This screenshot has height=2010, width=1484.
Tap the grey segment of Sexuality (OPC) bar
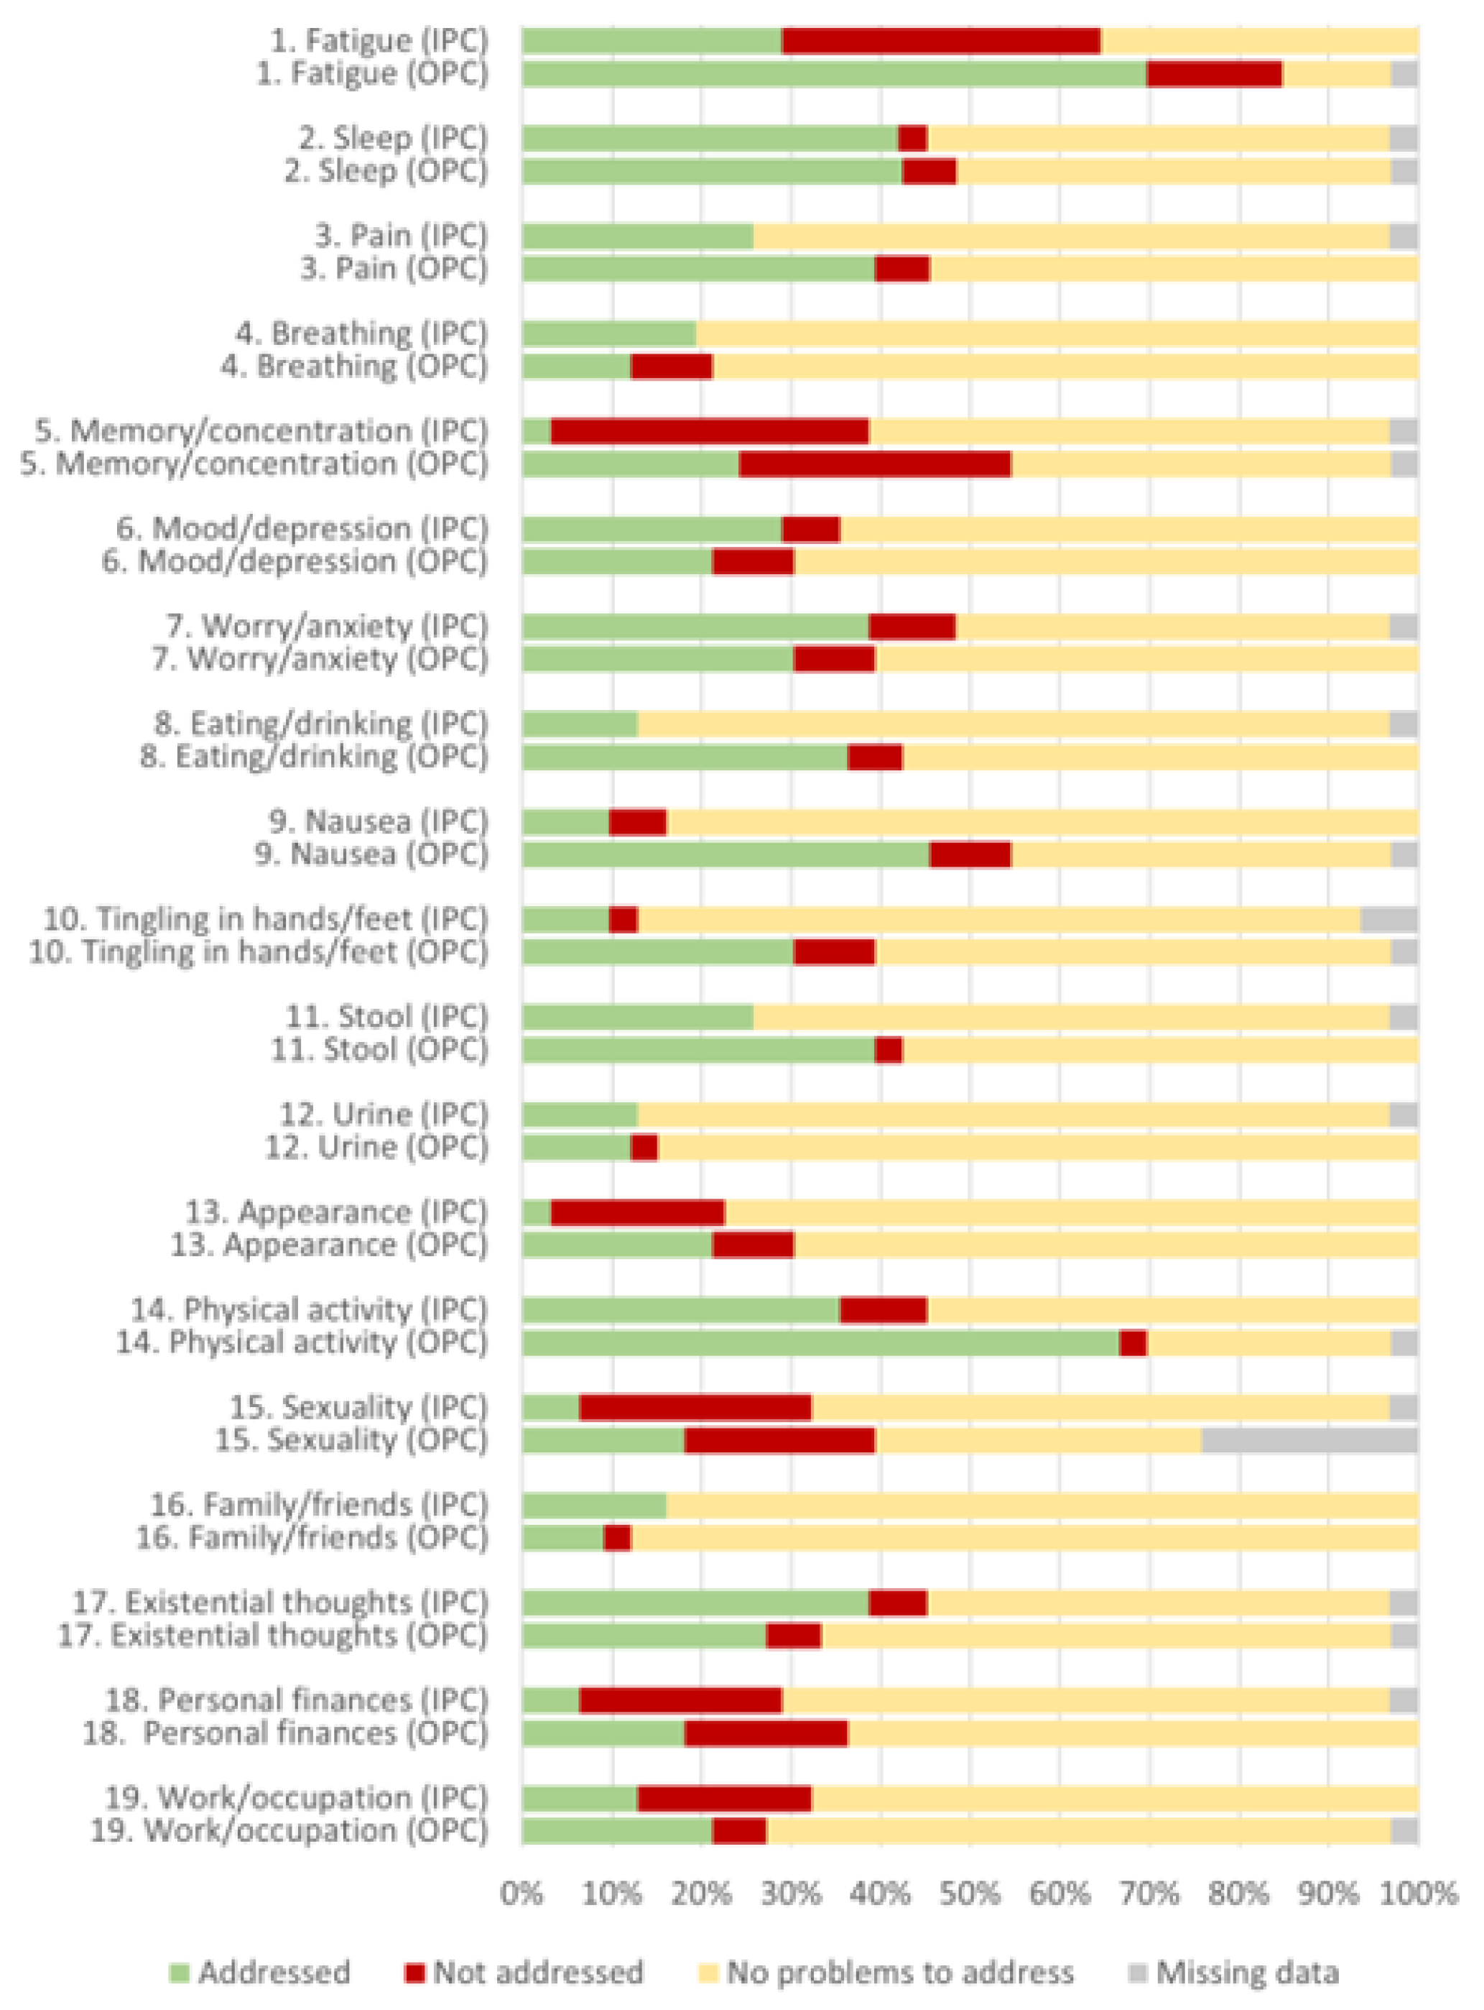[1309, 1440]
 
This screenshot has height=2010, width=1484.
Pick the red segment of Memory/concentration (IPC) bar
[709, 431]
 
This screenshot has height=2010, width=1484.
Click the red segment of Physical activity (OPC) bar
[1133, 1343]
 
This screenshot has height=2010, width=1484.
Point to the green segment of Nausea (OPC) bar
[725, 854]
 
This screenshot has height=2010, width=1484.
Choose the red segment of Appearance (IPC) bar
[637, 1213]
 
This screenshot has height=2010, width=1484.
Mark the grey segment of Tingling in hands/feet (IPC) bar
[1388, 920]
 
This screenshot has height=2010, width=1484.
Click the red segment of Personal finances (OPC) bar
[766, 1733]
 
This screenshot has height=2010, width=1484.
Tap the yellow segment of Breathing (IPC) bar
[1057, 334]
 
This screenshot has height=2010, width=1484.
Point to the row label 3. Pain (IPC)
[401, 236]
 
